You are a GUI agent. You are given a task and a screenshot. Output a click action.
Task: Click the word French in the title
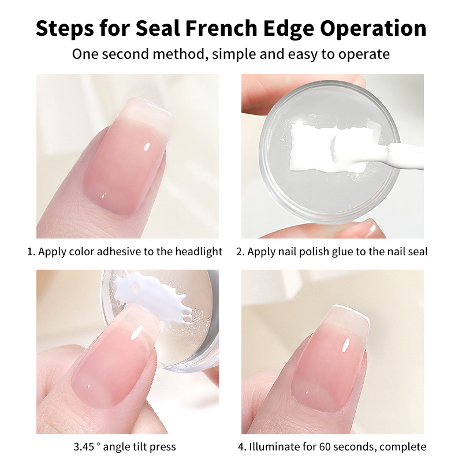click(x=221, y=28)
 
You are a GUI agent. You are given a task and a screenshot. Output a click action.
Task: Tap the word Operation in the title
click(x=373, y=28)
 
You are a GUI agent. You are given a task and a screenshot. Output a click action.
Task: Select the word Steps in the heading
click(x=65, y=28)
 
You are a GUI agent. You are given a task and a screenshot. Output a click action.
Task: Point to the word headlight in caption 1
click(x=199, y=252)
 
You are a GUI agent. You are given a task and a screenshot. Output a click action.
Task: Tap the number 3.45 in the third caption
click(x=84, y=447)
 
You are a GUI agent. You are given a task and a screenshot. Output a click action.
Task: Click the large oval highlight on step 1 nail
click(x=147, y=147)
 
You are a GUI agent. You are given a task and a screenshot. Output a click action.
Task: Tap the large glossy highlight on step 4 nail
click(x=345, y=345)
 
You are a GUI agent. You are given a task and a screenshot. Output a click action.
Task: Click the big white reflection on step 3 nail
click(x=136, y=333)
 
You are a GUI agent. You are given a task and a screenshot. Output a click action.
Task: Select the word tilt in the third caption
click(x=140, y=447)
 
